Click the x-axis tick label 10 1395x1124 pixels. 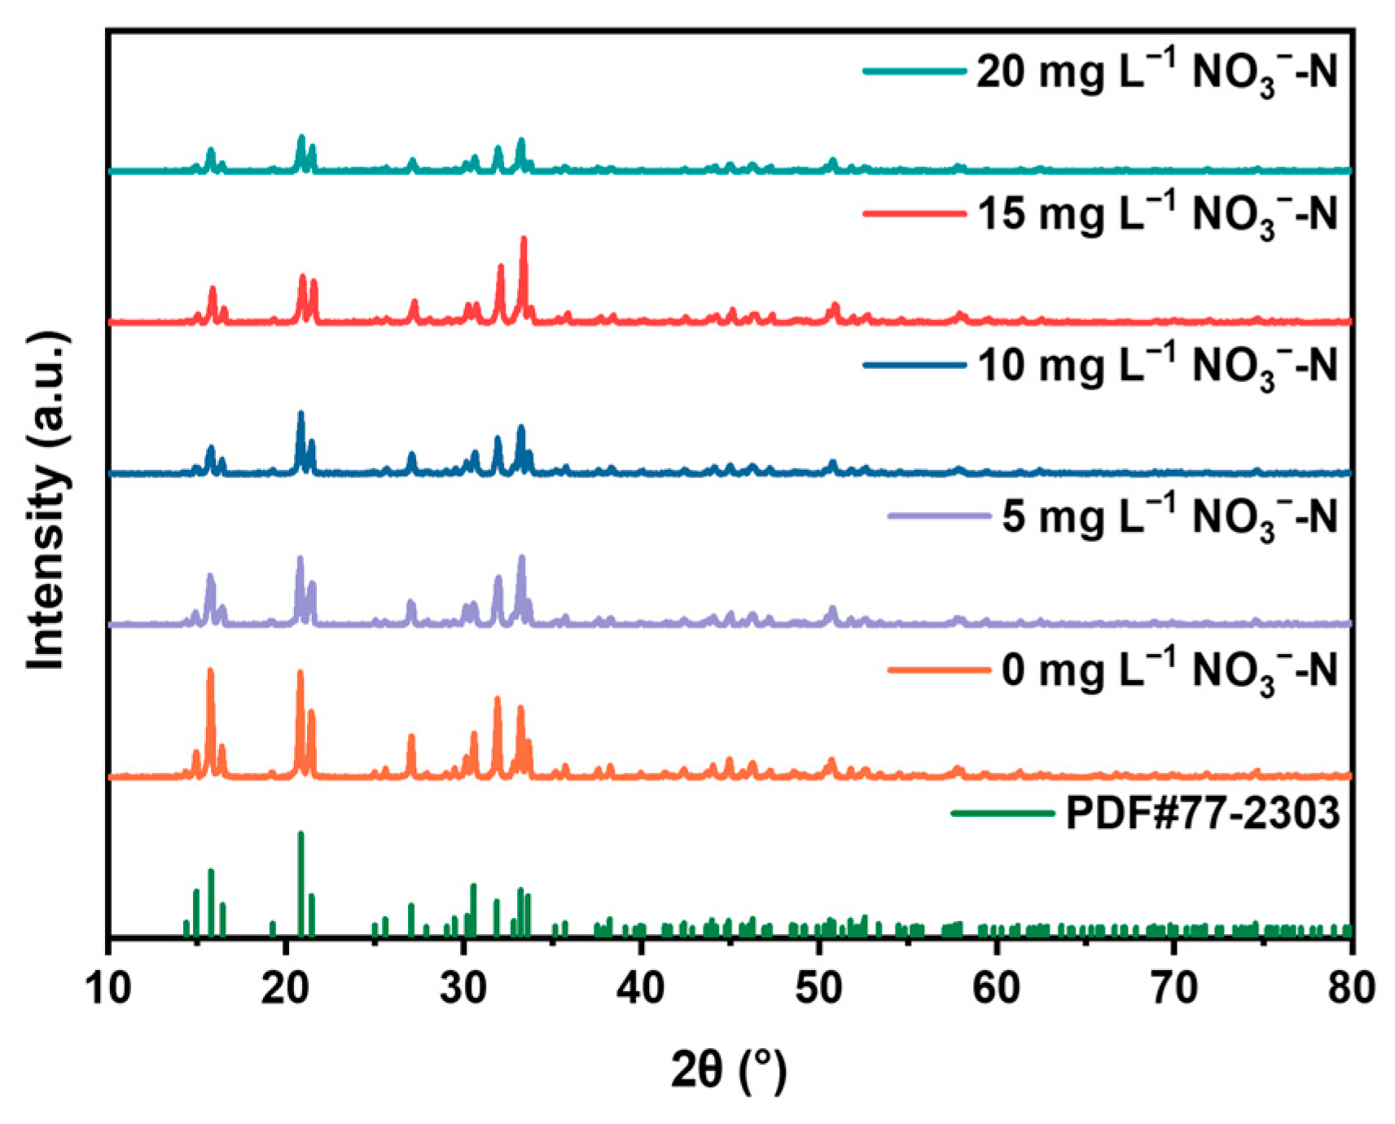(x=107, y=987)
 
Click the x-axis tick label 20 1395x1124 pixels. (x=286, y=987)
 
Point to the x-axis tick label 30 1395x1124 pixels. (x=463, y=987)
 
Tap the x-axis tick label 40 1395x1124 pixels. (x=641, y=987)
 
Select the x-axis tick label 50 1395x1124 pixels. (x=818, y=987)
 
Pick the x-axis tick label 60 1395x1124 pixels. (x=997, y=987)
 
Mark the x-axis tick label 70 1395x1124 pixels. (x=1174, y=987)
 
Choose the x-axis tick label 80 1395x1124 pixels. (x=1350, y=987)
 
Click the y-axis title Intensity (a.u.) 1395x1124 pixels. (x=46, y=501)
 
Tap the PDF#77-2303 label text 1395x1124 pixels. (x=1202, y=813)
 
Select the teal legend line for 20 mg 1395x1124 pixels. (x=914, y=72)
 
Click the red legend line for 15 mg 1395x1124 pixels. (x=914, y=214)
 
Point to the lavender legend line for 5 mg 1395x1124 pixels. (x=938, y=516)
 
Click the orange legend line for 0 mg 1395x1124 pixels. (x=938, y=670)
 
